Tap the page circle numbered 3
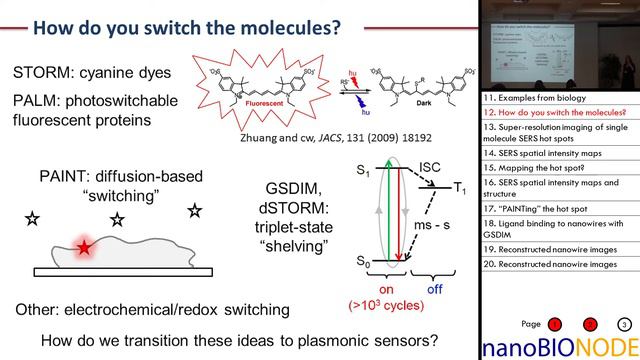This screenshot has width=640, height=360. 623,325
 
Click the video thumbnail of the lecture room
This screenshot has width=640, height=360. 559,45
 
